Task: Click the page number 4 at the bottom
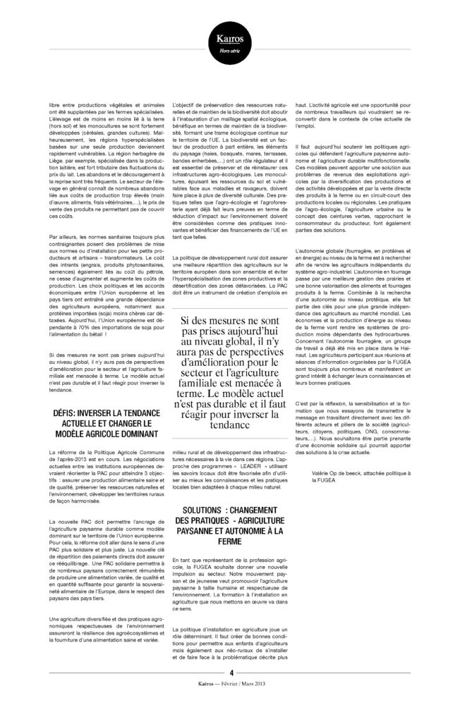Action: pos(230,692)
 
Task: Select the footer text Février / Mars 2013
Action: pos(247,703)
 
